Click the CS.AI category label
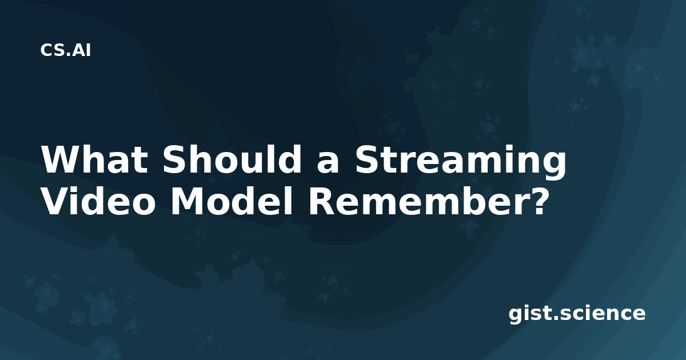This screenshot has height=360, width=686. pyautogui.click(x=66, y=50)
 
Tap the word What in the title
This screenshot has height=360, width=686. pyautogui.click(x=95, y=160)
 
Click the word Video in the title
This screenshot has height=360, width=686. pyautogui.click(x=98, y=201)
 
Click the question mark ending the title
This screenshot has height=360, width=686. pyautogui.click(x=535, y=200)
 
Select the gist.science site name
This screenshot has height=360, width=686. pyautogui.click(x=577, y=314)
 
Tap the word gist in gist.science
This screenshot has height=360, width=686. pyautogui.click(x=529, y=314)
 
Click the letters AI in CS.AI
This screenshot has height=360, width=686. pyautogui.click(x=81, y=50)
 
